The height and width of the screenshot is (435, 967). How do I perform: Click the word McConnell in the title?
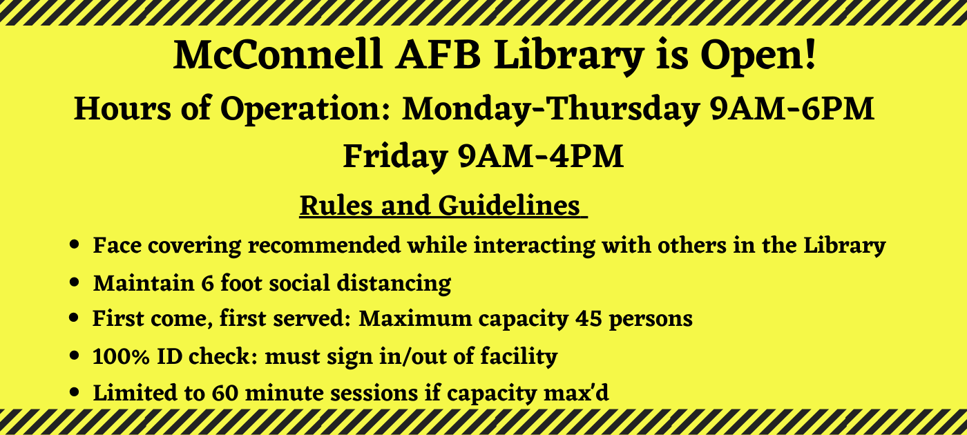click(278, 55)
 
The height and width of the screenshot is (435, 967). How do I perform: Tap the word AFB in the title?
click(438, 55)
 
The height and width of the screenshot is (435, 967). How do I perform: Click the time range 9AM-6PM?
click(792, 109)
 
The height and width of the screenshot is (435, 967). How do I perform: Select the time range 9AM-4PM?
click(541, 156)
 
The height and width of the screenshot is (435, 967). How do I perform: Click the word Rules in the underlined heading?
click(336, 206)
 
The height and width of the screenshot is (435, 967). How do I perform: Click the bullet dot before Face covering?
click(75, 244)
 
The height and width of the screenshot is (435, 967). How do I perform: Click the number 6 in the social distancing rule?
click(207, 284)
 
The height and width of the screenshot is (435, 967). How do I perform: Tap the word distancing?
click(394, 284)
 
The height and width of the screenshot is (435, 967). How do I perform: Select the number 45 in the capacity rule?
click(588, 319)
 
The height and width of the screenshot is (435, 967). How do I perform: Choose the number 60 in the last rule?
click(224, 393)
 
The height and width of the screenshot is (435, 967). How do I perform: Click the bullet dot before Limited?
click(75, 392)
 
